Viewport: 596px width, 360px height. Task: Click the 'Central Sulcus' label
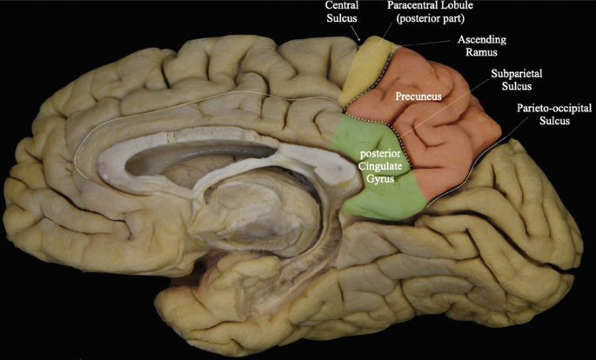click(x=342, y=11)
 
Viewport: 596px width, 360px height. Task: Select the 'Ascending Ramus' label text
click(x=481, y=46)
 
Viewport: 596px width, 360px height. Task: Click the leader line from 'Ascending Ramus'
click(x=426, y=46)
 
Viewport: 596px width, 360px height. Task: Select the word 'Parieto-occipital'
click(x=554, y=107)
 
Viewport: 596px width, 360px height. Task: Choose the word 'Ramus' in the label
click(x=481, y=52)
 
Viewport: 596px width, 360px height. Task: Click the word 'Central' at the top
click(x=342, y=5)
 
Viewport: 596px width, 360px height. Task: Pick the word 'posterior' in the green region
click(x=379, y=154)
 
